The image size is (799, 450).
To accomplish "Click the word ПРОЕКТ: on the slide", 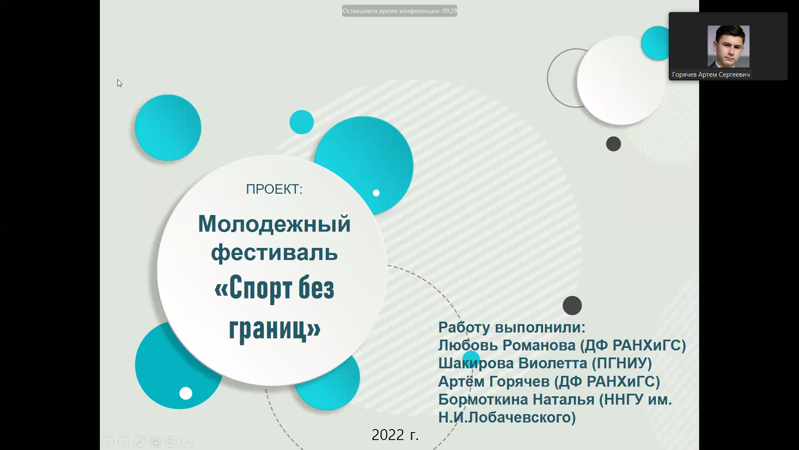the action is point(274,189).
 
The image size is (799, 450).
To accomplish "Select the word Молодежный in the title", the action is point(274,224).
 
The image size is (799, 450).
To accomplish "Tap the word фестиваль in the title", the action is point(274,252).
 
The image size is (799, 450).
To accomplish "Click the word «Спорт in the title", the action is point(253,288).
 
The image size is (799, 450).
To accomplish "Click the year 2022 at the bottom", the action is point(388,435).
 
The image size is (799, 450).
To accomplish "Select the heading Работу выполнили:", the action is point(512,327).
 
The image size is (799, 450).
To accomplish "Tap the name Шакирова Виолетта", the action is point(513,363).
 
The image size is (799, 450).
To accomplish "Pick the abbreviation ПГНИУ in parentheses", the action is point(622,363).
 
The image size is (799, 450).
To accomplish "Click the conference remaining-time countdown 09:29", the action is point(449,11).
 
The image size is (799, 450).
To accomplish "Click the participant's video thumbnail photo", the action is point(728,46).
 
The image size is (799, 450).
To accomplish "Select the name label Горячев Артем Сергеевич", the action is point(711,75).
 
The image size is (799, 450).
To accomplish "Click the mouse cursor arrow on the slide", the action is point(119,83).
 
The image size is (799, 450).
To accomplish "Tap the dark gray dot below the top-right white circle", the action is point(613,144).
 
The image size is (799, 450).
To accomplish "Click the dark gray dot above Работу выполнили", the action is point(572,305).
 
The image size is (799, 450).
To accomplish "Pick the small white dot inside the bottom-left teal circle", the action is point(186,393).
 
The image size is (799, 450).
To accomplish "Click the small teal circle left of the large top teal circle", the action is point(302,122).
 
